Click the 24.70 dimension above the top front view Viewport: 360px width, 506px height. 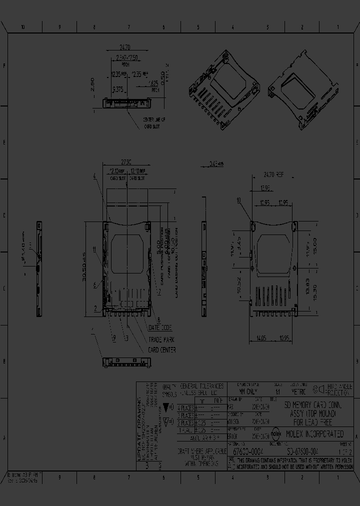tap(125, 48)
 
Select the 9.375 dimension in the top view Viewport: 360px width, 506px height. tap(118, 89)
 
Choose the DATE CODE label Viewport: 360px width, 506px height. tap(160, 327)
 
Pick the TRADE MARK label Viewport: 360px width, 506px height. tap(160, 339)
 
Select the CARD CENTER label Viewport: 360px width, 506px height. tap(161, 350)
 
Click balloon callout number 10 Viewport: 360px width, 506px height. tap(239, 200)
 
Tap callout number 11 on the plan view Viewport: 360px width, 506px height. tap(93, 248)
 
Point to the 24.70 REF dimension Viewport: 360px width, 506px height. tap(273, 175)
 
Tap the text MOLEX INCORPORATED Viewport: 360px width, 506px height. tap(314, 433)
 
